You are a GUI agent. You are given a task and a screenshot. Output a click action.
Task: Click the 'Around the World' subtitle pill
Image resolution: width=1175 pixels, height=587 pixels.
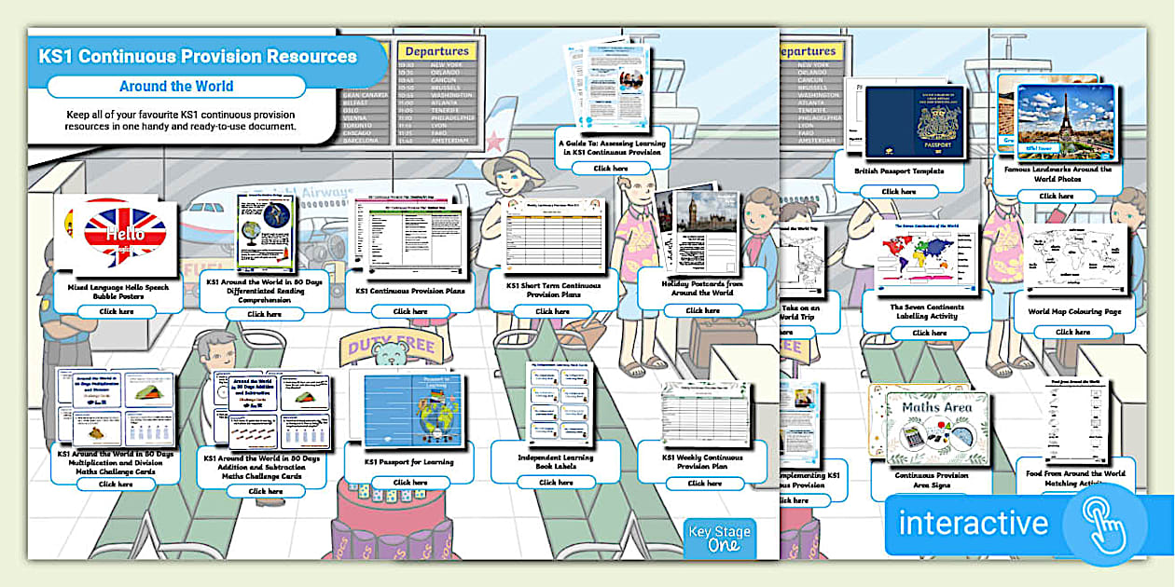pos(176,87)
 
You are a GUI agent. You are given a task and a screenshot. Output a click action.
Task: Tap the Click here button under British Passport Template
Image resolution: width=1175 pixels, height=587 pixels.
pos(899,191)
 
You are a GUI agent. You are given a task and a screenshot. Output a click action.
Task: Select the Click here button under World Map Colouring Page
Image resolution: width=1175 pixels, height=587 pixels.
pos(1071,332)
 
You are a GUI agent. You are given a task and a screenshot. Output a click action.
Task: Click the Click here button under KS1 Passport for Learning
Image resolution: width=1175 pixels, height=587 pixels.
pos(409,483)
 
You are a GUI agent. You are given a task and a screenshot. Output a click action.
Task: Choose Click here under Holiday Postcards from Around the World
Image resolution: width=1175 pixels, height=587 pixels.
pos(702,310)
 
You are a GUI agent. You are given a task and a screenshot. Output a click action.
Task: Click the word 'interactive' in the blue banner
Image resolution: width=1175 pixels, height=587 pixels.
pos(973,523)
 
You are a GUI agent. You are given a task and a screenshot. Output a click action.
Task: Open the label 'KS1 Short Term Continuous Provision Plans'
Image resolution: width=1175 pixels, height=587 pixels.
pos(553,290)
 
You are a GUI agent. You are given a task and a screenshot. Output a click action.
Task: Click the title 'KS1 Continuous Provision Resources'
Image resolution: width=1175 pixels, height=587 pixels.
pos(198,57)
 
